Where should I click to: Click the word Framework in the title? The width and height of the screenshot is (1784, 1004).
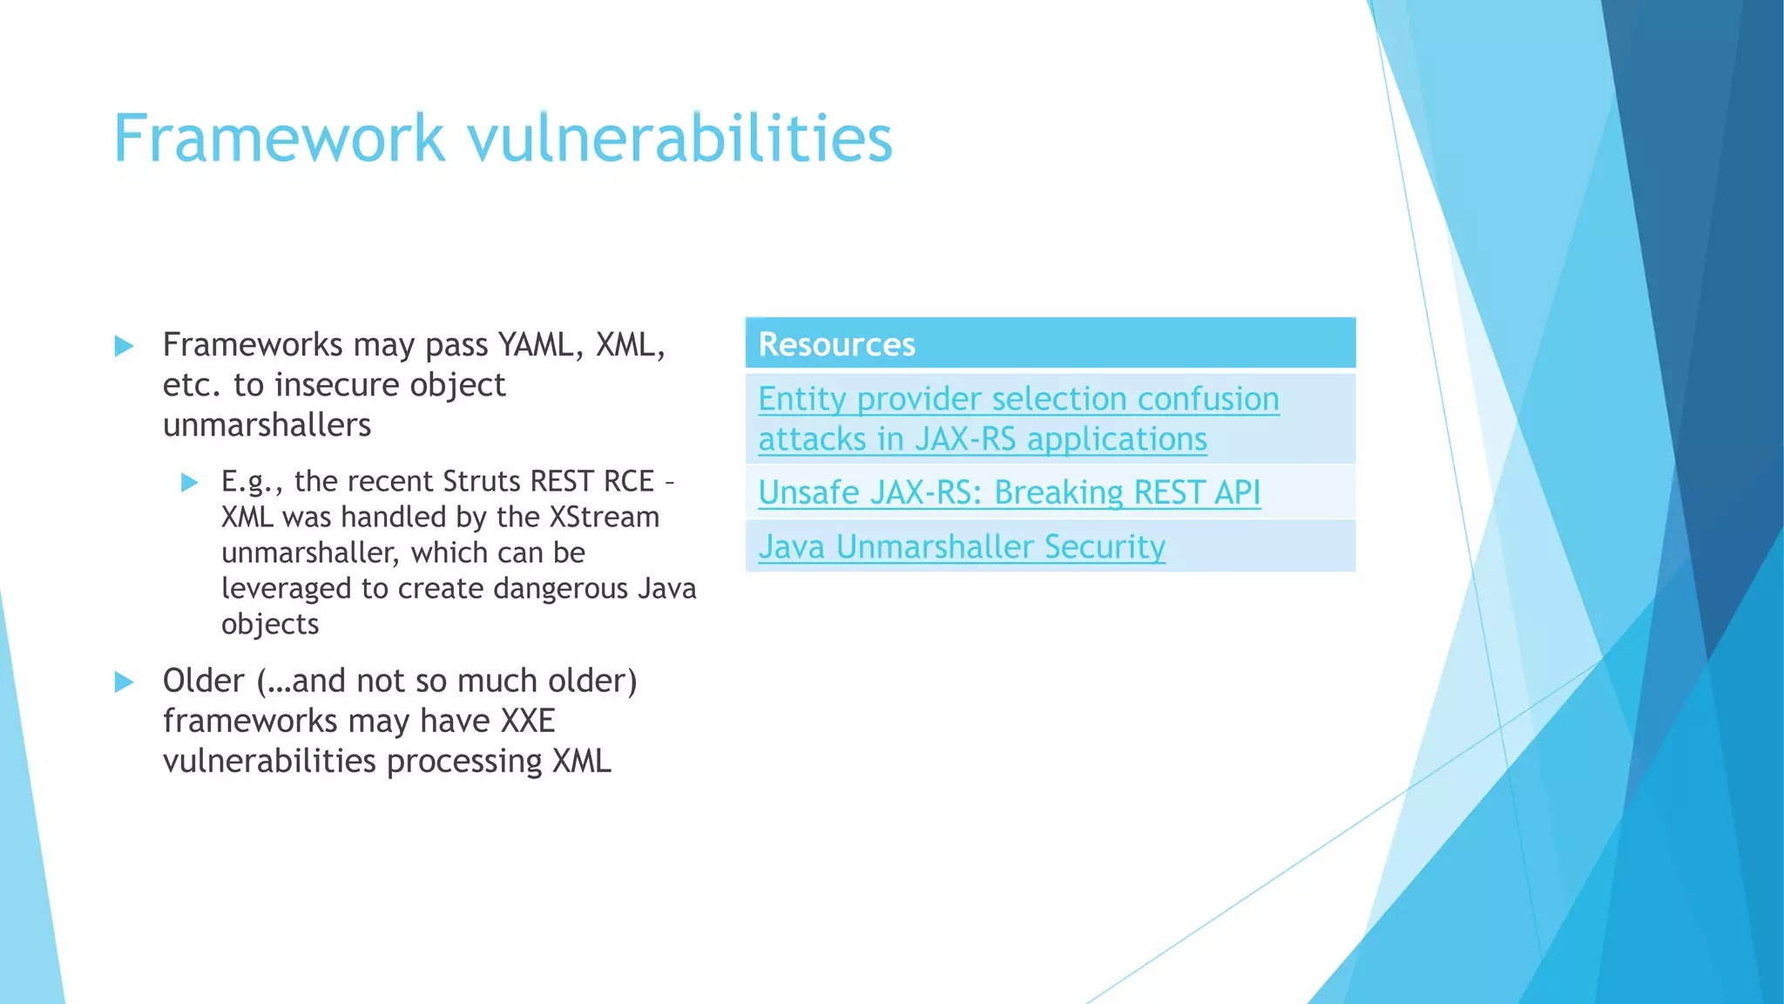[279, 139]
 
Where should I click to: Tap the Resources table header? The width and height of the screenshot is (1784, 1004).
[836, 344]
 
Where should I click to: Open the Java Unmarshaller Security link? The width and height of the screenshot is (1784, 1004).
[961, 547]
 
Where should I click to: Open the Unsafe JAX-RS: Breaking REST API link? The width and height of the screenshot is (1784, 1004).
[1009, 493]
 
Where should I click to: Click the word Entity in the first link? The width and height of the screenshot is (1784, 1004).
[801, 400]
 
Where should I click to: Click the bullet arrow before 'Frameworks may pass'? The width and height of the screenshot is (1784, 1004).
[125, 346]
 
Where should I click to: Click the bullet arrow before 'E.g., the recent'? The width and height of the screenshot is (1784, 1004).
[190, 482]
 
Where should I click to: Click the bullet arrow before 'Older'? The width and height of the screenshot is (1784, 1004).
[125, 682]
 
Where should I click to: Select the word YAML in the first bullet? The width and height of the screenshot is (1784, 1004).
[540, 345]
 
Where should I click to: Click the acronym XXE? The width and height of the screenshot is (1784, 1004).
[527, 722]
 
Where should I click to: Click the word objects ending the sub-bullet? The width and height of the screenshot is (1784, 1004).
[270, 625]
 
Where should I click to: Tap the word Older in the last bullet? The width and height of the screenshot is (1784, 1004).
[203, 682]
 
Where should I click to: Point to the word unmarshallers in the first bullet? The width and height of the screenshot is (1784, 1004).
[267, 425]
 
